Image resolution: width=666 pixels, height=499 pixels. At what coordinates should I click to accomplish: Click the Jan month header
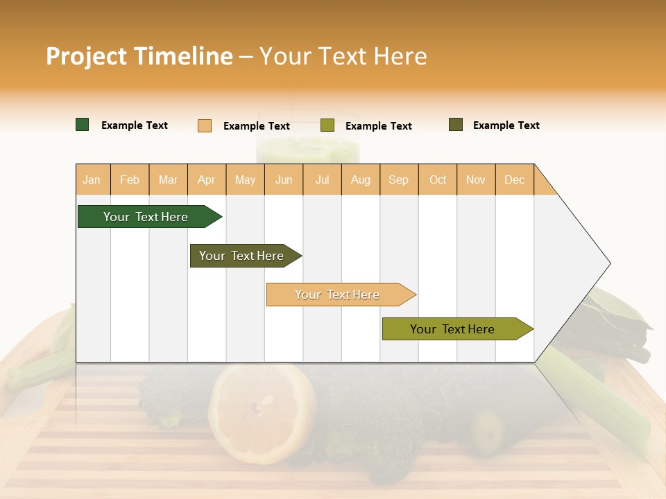pyautogui.click(x=92, y=180)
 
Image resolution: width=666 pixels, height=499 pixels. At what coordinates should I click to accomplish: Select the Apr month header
pyautogui.click(x=207, y=180)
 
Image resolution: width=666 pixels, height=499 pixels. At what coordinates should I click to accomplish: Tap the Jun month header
pyautogui.click(x=284, y=180)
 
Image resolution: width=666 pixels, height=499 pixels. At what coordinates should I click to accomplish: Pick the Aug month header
pyautogui.click(x=361, y=180)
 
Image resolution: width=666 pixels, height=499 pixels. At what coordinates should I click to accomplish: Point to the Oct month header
pyautogui.click(x=438, y=180)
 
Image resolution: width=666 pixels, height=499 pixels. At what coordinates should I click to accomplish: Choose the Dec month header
pyautogui.click(x=514, y=180)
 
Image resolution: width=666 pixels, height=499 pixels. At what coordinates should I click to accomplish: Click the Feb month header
pyautogui.click(x=130, y=180)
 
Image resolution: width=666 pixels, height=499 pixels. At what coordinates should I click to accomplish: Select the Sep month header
pyautogui.click(x=399, y=180)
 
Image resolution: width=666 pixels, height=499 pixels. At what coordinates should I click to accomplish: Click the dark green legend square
pyautogui.click(x=83, y=125)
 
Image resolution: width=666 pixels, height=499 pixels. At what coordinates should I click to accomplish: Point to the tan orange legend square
pyautogui.click(x=205, y=125)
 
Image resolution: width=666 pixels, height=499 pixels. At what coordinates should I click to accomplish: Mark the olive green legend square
pyautogui.click(x=327, y=125)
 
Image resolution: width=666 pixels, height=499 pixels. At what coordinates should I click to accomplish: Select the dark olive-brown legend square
pyautogui.click(x=456, y=125)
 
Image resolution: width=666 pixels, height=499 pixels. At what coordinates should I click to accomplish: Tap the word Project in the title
pyautogui.click(x=86, y=56)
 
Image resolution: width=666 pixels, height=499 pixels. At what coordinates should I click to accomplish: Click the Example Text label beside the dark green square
pyautogui.click(x=135, y=125)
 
